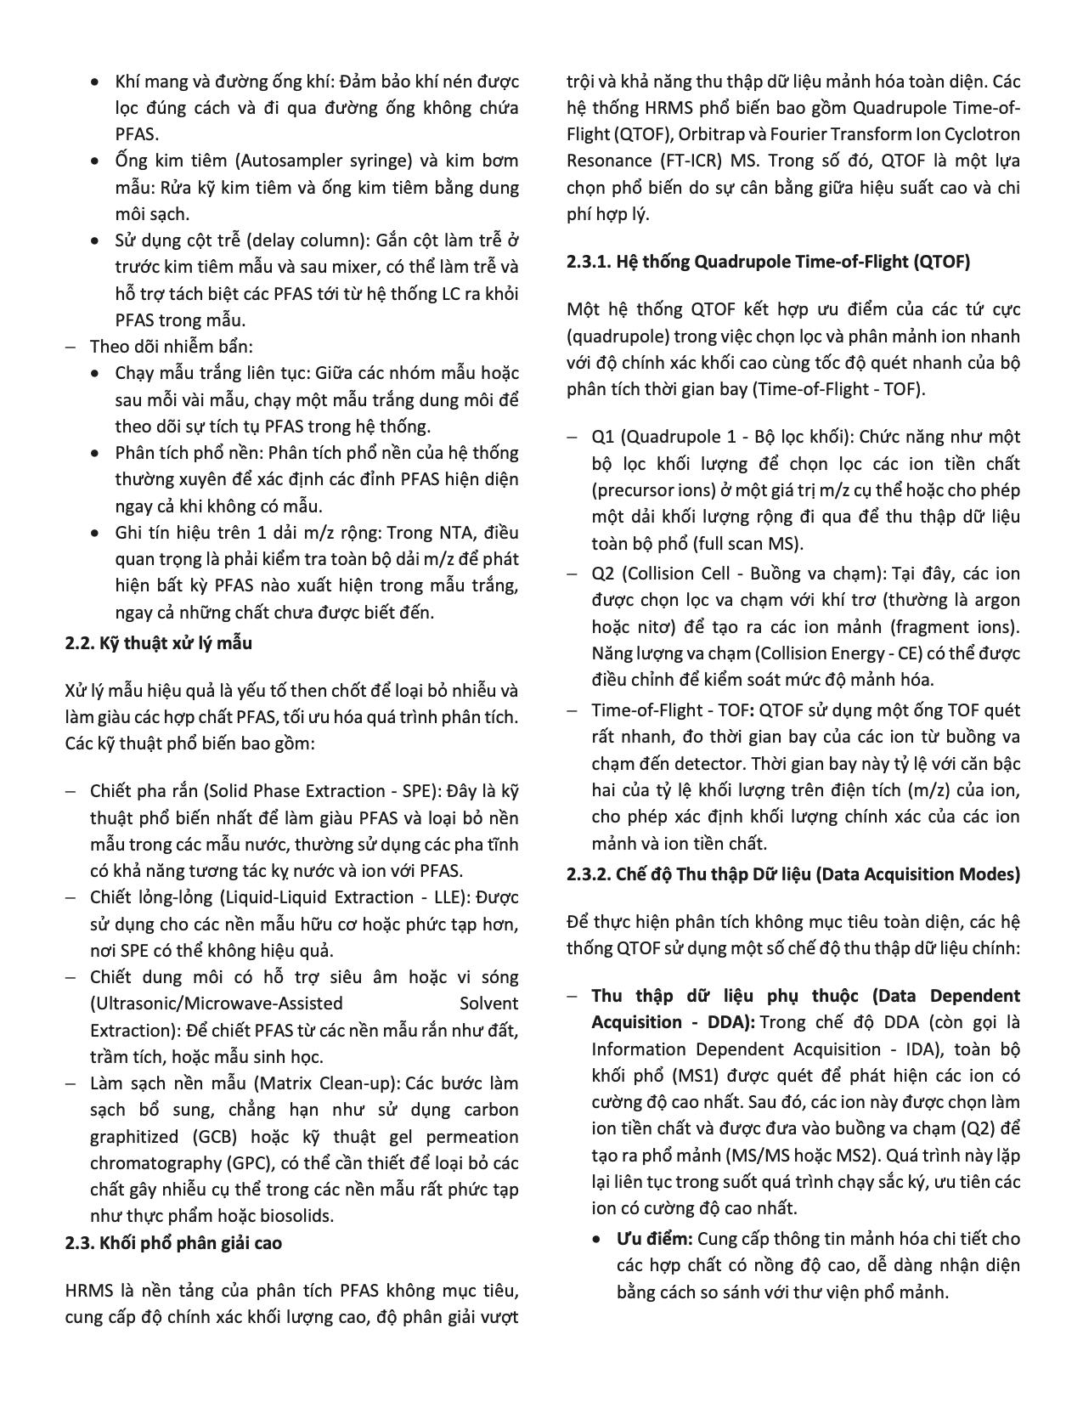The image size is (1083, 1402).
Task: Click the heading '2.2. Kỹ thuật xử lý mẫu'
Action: click(158, 643)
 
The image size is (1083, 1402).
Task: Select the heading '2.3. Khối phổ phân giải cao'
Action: click(173, 1243)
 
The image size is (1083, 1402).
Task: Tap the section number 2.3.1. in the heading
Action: click(590, 262)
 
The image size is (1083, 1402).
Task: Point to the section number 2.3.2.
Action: click(590, 874)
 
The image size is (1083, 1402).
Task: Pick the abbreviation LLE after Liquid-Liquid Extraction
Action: click(433, 898)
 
